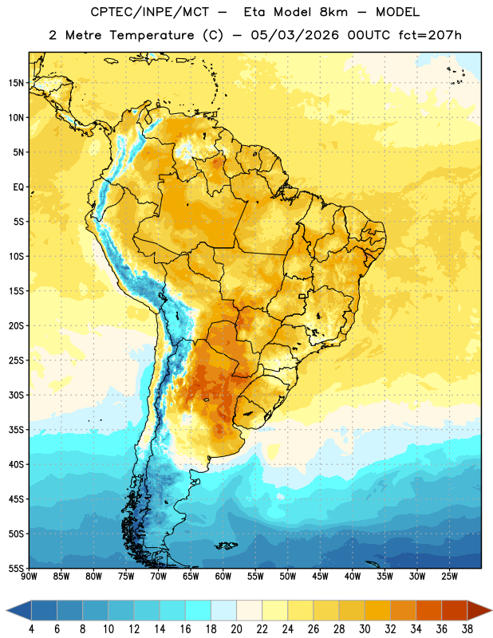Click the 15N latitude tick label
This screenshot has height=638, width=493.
[16, 83]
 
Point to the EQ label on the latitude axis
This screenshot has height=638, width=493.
[18, 187]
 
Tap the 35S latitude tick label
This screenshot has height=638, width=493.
[16, 430]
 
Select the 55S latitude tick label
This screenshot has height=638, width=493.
[16, 568]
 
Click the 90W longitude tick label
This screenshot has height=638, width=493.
[30, 577]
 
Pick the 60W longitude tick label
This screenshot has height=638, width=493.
[223, 577]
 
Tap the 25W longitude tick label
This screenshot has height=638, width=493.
[449, 577]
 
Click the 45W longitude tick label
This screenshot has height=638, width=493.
[320, 577]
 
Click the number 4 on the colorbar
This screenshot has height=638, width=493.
[31, 629]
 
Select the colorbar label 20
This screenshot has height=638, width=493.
[236, 629]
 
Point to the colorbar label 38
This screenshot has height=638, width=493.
[467, 629]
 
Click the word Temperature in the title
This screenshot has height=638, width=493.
[152, 35]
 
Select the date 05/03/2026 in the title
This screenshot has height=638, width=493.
[294, 35]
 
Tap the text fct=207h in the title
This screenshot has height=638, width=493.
[430, 35]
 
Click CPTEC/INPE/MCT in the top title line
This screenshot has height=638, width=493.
[150, 12]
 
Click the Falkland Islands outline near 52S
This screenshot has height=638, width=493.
[226, 545]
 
